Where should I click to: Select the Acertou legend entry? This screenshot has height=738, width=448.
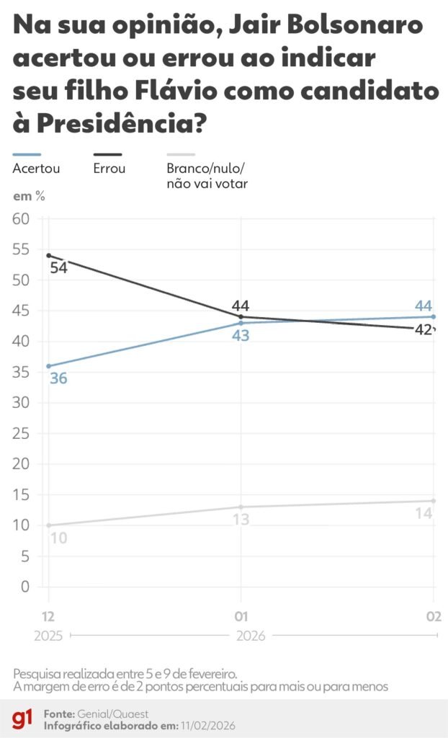(x=36, y=169)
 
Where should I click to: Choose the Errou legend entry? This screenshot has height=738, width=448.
(x=109, y=169)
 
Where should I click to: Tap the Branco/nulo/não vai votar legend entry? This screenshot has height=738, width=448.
(x=205, y=176)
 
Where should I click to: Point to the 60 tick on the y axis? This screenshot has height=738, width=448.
(x=21, y=219)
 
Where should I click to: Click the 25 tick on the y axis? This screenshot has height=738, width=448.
(x=21, y=433)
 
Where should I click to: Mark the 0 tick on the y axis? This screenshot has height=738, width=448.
(x=25, y=587)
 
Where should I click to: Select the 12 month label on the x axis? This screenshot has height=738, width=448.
(x=48, y=616)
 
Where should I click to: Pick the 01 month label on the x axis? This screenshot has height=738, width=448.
(x=241, y=616)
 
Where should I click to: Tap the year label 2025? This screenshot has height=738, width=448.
(x=48, y=636)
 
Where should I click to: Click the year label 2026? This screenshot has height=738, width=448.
(x=250, y=636)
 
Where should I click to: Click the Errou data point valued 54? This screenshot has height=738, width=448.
(x=48, y=255)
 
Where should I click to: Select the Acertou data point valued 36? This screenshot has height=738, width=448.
(x=48, y=366)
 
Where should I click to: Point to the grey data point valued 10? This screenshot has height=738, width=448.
(x=48, y=525)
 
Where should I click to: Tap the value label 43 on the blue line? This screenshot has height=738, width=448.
(x=241, y=335)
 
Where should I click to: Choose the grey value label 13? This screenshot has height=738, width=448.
(x=241, y=519)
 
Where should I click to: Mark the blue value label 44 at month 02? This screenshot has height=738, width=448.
(x=424, y=306)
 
